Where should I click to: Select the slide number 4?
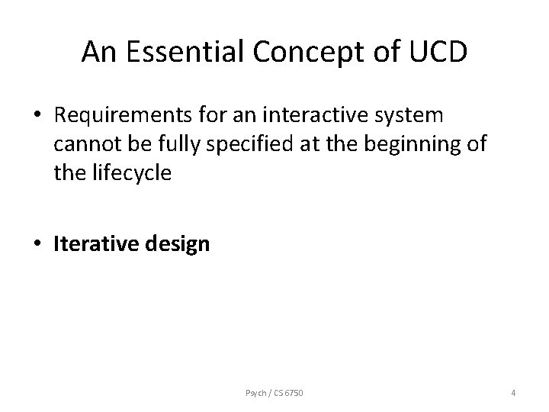pos(513,393)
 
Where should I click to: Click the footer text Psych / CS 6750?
pos(275,393)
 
